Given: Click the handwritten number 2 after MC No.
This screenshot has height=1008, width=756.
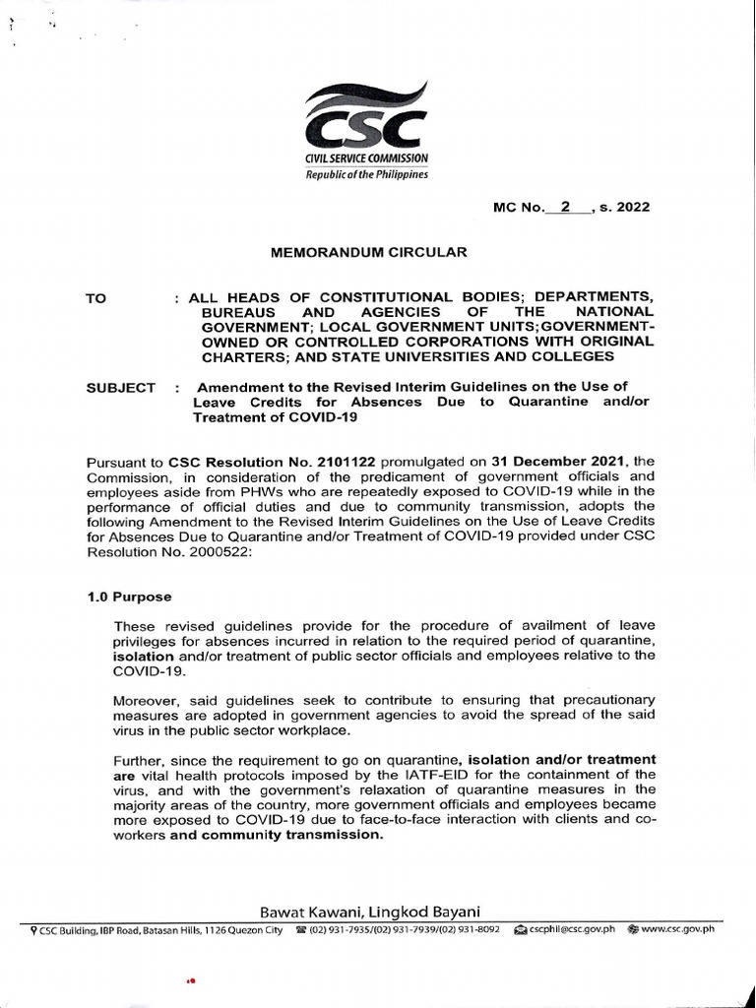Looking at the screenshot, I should pyautogui.click(x=564, y=207).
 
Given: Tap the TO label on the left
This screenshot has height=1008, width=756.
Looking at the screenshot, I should pyautogui.click(x=96, y=297).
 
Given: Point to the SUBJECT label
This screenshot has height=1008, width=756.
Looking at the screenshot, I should pyautogui.click(x=120, y=388).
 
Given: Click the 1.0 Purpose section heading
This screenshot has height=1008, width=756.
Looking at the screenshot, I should pyautogui.click(x=128, y=597).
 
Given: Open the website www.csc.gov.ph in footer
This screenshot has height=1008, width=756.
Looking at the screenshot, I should pyautogui.click(x=678, y=929).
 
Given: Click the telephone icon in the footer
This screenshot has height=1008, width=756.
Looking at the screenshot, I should pyautogui.click(x=300, y=929).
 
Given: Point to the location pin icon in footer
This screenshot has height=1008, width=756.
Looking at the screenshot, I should pyautogui.click(x=34, y=929).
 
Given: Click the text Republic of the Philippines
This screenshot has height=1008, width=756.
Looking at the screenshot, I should pyautogui.click(x=366, y=175).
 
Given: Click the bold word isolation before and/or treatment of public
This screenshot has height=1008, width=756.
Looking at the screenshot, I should pyautogui.click(x=146, y=655).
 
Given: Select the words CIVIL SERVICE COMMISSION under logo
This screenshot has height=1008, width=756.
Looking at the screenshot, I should pyautogui.click(x=366, y=158).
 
